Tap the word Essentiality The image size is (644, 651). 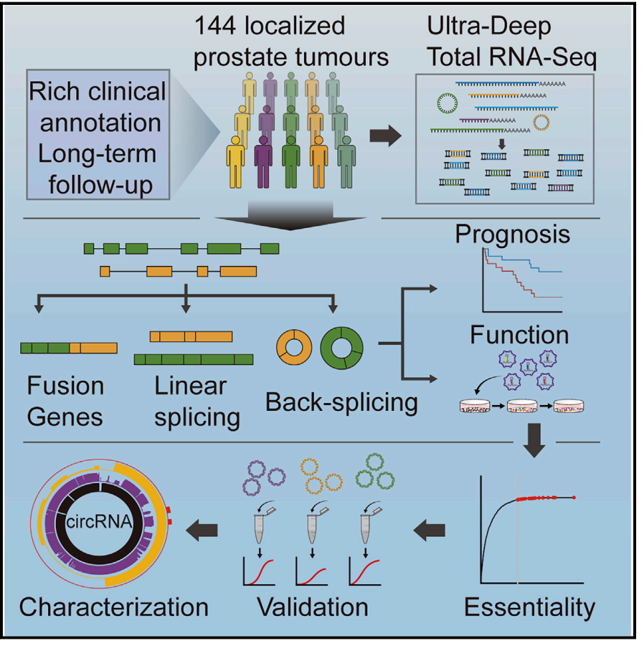pos(529,607)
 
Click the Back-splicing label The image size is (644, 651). pos(341,401)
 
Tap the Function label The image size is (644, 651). pos(519,335)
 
